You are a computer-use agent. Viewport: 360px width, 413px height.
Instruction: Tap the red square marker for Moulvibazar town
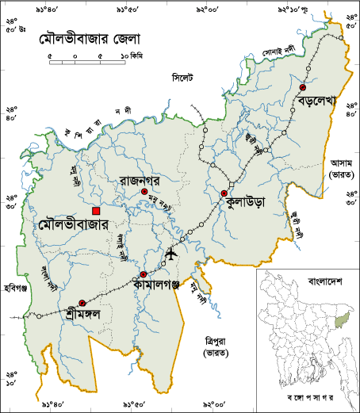click(x=96, y=211)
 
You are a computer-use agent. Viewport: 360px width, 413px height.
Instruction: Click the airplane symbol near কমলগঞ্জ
click(x=170, y=254)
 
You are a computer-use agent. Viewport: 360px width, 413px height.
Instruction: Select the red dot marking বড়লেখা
click(x=303, y=88)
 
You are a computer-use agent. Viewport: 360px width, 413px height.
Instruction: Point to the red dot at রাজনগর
click(x=144, y=191)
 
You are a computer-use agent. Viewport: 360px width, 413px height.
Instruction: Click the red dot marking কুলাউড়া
click(x=224, y=193)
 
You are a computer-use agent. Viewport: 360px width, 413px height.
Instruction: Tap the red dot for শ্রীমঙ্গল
click(x=82, y=303)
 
